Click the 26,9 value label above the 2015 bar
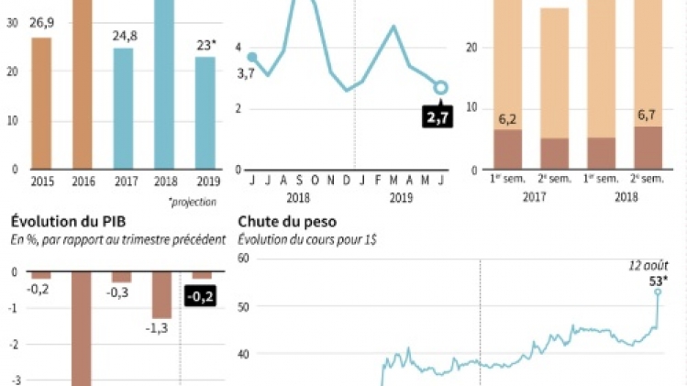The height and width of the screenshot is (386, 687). click(x=41, y=22)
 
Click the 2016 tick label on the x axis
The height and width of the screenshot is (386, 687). click(x=83, y=182)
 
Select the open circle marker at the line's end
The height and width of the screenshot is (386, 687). click(x=440, y=87)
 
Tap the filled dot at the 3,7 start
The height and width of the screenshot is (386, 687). click(x=252, y=58)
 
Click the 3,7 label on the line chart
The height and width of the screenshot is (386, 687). click(x=245, y=73)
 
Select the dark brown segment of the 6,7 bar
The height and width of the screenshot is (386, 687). click(x=648, y=148)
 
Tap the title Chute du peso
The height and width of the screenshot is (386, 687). click(x=287, y=222)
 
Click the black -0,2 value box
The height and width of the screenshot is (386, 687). click(x=199, y=297)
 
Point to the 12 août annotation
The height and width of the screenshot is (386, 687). click(x=648, y=265)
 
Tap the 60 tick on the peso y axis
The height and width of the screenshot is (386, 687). click(x=243, y=259)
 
